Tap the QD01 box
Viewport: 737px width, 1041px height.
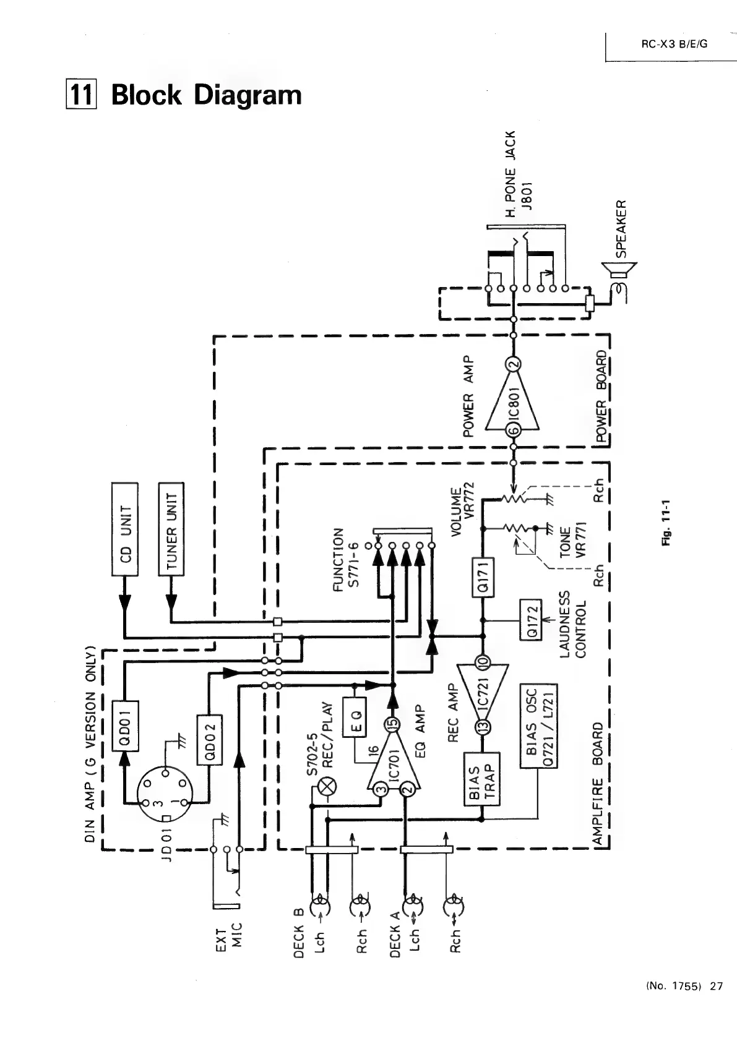click(124, 724)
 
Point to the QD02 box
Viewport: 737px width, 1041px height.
click(209, 739)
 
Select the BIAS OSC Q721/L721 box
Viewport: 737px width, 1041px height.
click(538, 725)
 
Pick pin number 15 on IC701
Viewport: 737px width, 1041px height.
click(390, 724)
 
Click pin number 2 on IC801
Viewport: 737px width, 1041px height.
click(513, 364)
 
